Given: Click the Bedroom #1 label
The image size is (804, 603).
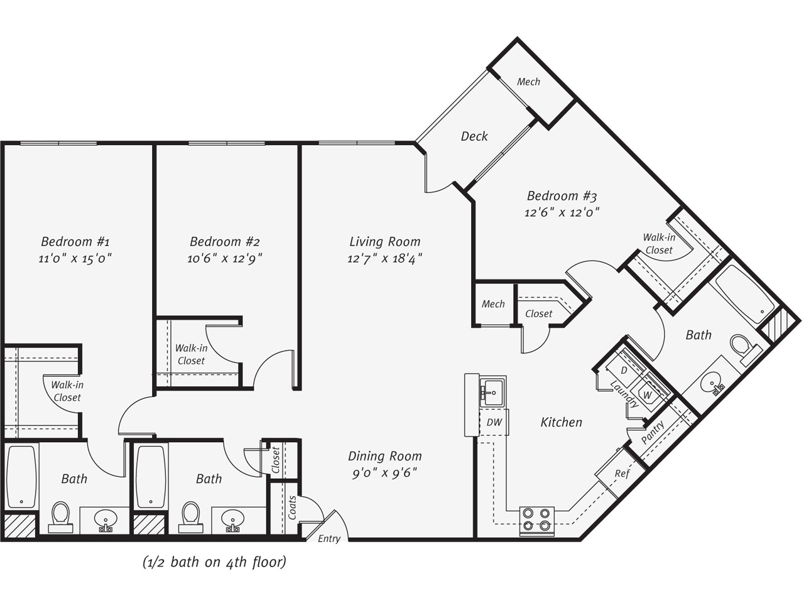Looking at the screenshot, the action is pyautogui.click(x=75, y=242).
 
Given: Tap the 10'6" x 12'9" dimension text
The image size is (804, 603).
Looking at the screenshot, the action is pyautogui.click(x=224, y=259).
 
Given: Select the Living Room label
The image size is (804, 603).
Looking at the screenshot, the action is pyautogui.click(x=384, y=242).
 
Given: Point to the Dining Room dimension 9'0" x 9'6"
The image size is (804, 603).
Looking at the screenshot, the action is pyautogui.click(x=384, y=473).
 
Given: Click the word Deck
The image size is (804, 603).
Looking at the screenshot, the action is pyautogui.click(x=474, y=136).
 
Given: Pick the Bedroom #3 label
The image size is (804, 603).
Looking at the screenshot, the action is pyautogui.click(x=562, y=196).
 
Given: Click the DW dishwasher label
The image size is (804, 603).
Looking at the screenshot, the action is pyautogui.click(x=494, y=422).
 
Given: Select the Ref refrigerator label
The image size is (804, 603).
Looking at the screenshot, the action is pyautogui.click(x=622, y=474).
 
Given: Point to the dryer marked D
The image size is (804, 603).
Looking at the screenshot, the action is pyautogui.click(x=624, y=370).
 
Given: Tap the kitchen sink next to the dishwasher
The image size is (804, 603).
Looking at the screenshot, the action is pyautogui.click(x=493, y=392).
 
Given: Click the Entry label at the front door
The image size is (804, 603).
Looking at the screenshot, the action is pyautogui.click(x=329, y=538).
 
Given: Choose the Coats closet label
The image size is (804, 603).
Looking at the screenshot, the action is pyautogui.click(x=292, y=508).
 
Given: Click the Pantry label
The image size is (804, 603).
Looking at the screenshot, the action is pyautogui.click(x=653, y=432).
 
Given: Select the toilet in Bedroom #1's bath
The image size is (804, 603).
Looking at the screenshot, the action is pyautogui.click(x=60, y=517).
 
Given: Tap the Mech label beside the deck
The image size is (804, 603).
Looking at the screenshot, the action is pyautogui.click(x=528, y=82).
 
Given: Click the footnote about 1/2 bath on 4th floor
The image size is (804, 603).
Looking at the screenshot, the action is pyautogui.click(x=214, y=562).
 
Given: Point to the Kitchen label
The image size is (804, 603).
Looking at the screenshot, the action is pyautogui.click(x=561, y=422).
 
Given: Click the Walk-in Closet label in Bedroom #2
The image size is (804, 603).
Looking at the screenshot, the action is pyautogui.click(x=191, y=354).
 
